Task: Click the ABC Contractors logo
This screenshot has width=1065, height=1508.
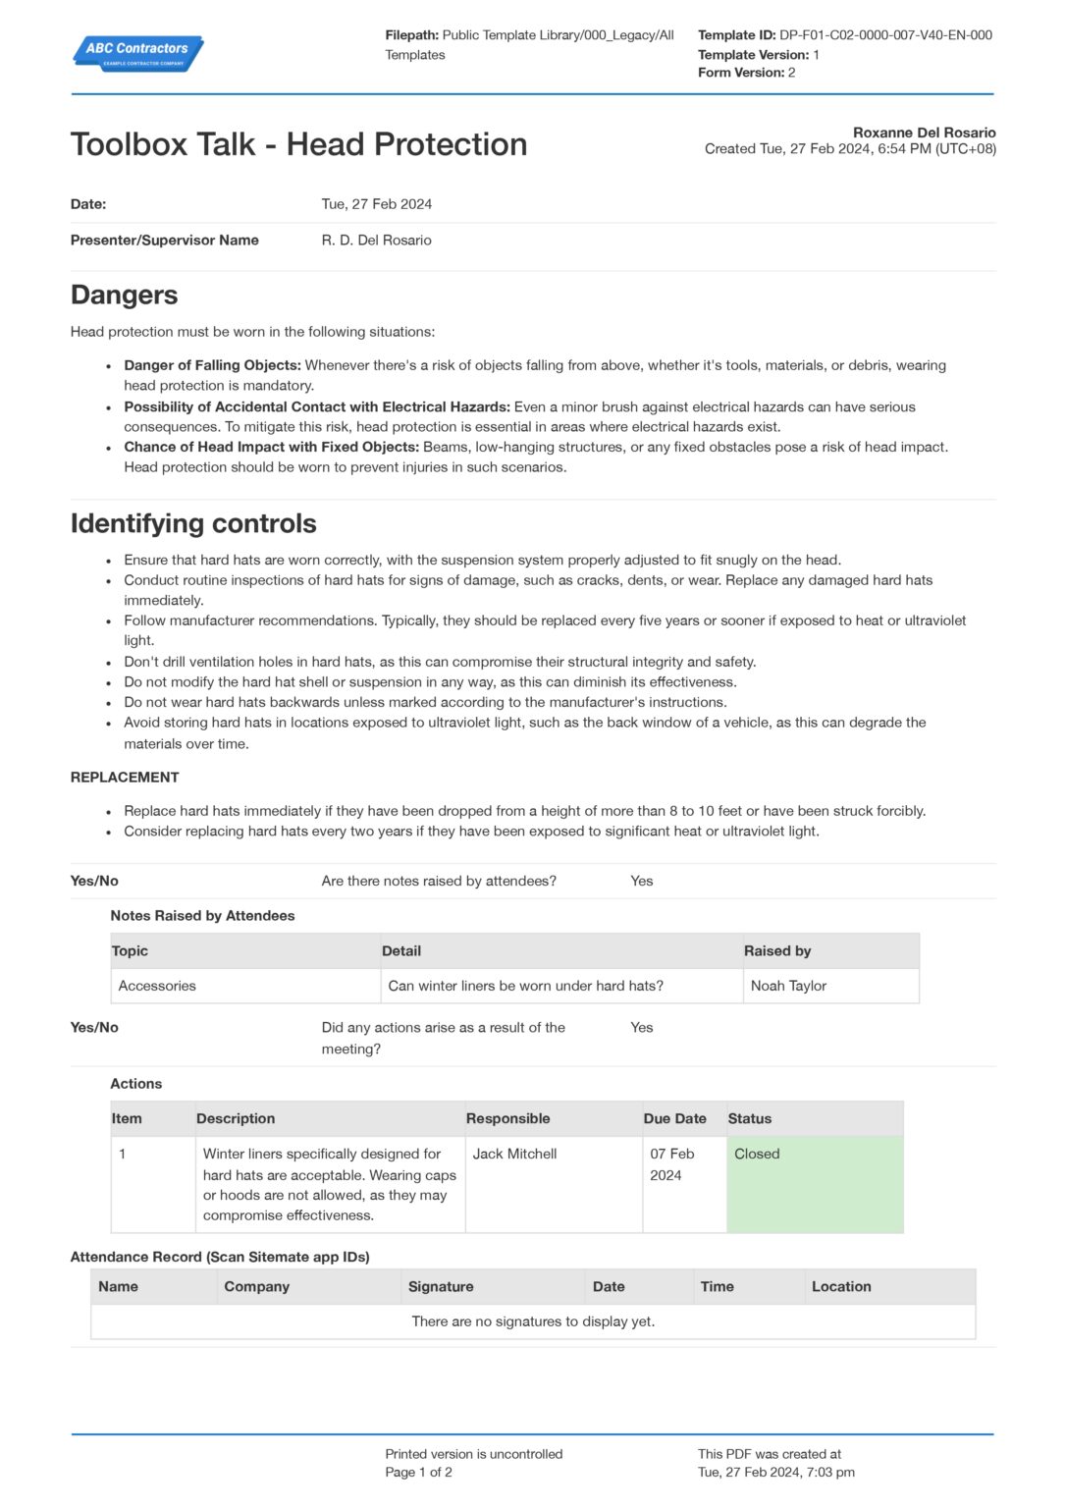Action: point(137,52)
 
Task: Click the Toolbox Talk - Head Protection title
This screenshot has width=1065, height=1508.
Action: point(298,144)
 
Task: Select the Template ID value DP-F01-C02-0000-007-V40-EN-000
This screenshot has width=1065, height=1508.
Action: point(885,35)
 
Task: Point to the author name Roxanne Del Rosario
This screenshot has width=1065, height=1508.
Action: point(924,133)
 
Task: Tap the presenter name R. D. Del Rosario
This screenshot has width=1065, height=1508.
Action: point(376,241)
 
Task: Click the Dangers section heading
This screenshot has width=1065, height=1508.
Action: point(124,295)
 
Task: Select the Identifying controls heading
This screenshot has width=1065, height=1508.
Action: point(193,523)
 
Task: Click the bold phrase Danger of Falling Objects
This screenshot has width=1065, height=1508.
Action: point(212,365)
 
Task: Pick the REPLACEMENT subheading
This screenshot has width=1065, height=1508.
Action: point(125,778)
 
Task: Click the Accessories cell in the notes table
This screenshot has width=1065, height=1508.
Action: point(157,986)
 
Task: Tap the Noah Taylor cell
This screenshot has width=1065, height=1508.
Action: point(788,986)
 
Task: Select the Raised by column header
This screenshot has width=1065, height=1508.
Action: point(776,950)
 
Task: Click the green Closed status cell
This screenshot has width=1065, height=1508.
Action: point(814,1183)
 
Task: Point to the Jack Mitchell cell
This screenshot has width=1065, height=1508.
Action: point(514,1155)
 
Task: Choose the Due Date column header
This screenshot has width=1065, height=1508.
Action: point(674,1118)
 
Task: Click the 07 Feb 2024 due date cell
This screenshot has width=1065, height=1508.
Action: point(671,1164)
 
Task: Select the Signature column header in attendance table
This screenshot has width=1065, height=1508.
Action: point(441,1286)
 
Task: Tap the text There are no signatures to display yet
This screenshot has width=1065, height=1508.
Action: point(533,1321)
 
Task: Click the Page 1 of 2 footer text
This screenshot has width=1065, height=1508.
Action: point(418,1473)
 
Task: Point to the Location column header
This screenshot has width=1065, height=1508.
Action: point(841,1286)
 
